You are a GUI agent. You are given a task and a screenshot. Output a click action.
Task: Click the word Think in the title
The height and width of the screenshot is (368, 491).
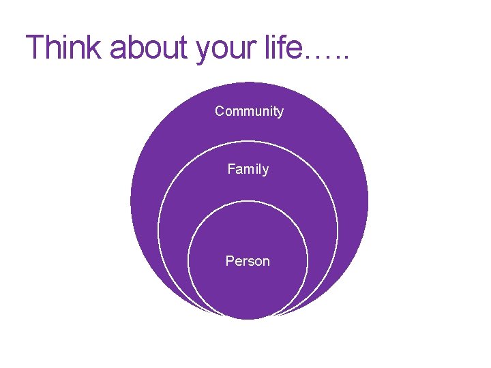(63, 47)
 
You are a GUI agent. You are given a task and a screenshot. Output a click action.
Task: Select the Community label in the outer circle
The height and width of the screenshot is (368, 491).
(249, 111)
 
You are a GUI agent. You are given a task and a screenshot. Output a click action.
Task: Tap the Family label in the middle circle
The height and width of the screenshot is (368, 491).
(248, 169)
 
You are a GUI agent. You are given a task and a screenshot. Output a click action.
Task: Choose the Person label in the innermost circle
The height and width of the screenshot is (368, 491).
(248, 261)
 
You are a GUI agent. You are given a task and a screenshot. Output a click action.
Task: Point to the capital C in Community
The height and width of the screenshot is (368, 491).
(220, 111)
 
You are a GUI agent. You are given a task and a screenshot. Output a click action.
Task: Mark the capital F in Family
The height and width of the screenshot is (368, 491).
(231, 168)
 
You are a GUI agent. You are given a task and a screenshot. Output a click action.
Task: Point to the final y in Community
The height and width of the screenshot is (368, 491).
(280, 113)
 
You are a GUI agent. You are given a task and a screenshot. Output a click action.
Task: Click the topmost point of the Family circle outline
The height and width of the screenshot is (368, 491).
(248, 141)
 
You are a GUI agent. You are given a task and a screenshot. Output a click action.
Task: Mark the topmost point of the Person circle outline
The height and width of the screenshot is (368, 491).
(248, 199)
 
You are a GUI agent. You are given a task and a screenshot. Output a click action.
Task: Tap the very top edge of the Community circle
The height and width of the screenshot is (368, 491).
(249, 82)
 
